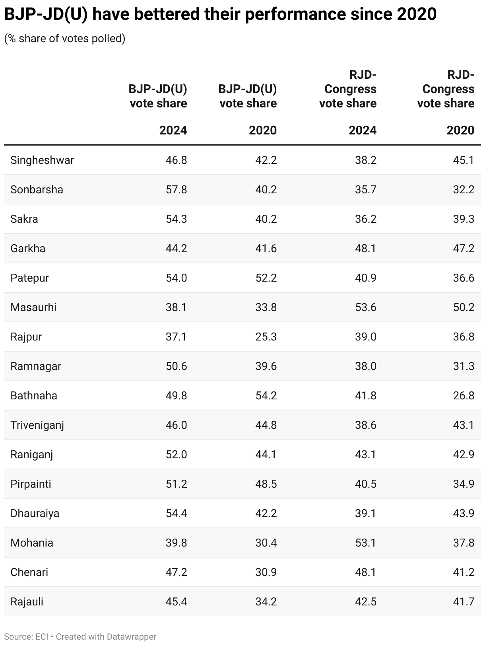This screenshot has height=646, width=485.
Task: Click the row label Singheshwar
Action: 42,160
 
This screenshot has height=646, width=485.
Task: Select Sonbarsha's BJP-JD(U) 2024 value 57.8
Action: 176,190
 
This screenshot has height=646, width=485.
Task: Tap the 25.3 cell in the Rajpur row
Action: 266,337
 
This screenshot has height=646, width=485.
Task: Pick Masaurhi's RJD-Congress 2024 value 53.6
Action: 365,307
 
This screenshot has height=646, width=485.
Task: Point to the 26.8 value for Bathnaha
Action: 464,396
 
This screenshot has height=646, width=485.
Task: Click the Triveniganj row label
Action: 37,425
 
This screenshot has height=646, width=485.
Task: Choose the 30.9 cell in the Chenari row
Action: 266,572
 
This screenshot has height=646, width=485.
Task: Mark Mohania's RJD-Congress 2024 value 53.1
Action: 365,543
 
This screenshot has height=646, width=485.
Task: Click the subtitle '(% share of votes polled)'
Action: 65,39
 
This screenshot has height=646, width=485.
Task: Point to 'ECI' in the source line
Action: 42,637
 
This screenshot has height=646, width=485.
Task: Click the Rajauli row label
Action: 27,602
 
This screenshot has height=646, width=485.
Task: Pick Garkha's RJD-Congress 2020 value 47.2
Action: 464,249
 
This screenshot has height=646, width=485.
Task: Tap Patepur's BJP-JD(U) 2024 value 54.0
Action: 176,278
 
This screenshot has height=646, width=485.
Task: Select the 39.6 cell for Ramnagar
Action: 266,366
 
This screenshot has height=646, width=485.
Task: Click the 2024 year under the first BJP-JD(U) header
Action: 173,130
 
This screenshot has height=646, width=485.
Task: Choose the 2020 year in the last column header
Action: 460,130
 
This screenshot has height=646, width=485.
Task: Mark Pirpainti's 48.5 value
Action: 266,484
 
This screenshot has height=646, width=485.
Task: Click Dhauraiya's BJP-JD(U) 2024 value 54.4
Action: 176,514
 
